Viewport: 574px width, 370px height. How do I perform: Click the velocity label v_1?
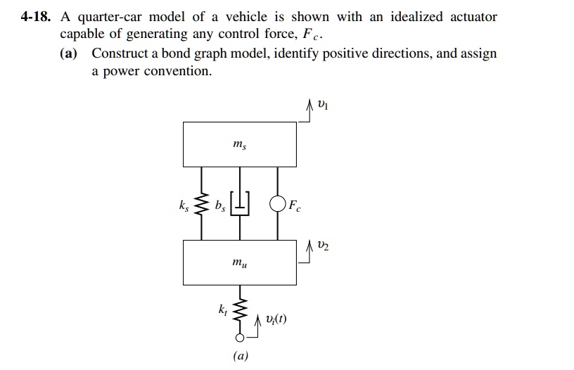322,106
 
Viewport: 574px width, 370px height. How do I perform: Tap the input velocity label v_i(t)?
274,321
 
